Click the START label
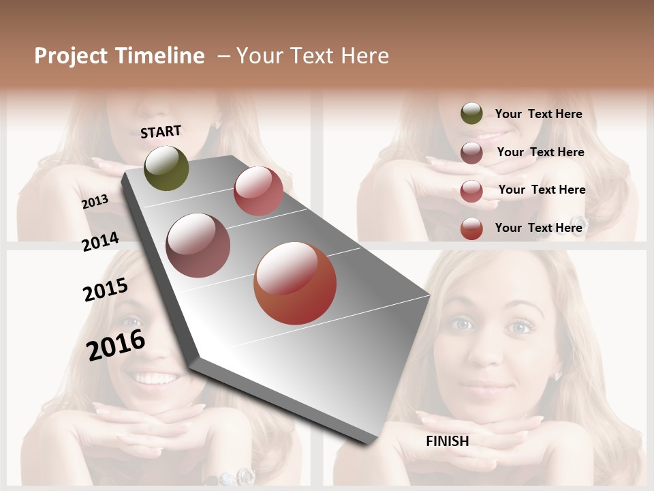(x=161, y=132)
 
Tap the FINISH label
(x=448, y=441)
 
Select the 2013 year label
(x=95, y=202)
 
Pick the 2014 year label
(x=100, y=241)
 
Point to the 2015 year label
(x=106, y=290)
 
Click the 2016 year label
(x=116, y=344)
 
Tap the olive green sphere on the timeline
(x=167, y=168)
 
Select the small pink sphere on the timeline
(x=258, y=191)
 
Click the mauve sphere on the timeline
(x=198, y=245)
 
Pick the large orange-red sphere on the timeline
(x=295, y=283)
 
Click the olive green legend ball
(x=471, y=114)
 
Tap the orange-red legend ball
(x=471, y=228)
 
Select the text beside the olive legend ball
(x=538, y=114)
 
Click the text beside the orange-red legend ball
(x=538, y=228)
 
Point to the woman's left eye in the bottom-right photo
(x=519, y=327)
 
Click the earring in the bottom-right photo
(x=557, y=376)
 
